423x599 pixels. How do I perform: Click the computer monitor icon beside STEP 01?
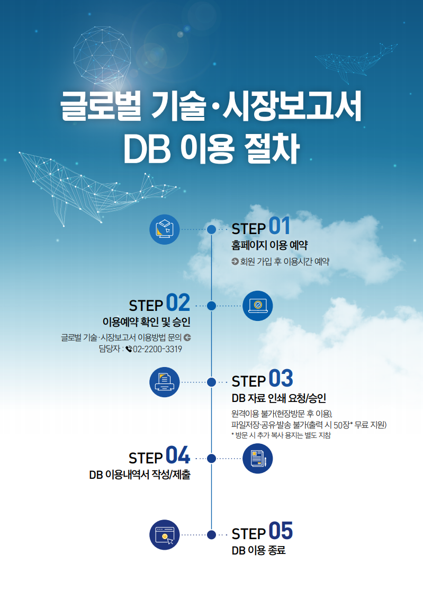tap(165, 229)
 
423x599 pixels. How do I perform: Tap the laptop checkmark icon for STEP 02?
tap(258, 306)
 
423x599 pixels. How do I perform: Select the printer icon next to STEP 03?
tap(165, 382)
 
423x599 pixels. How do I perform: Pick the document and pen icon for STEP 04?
tap(258, 459)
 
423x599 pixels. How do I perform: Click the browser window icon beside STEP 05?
tap(165, 535)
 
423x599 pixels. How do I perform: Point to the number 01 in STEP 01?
tap(280, 226)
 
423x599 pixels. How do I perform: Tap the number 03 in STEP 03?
tap(281, 378)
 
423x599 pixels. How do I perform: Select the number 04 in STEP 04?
tap(178, 455)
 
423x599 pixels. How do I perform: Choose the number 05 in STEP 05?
tap(281, 531)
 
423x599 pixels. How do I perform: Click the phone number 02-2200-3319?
tap(157, 349)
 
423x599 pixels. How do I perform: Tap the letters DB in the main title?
tap(147, 149)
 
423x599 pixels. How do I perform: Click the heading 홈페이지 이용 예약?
tap(269, 245)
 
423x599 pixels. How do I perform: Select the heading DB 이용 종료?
tap(258, 550)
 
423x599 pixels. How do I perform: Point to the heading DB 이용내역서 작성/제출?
tap(140, 475)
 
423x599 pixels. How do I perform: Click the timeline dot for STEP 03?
tap(212, 382)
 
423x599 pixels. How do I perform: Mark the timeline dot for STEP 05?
tap(212, 535)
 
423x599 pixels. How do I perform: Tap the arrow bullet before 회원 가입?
tap(235, 262)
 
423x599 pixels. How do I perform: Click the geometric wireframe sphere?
tap(102, 56)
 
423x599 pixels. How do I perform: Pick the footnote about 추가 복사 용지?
tap(281, 435)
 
